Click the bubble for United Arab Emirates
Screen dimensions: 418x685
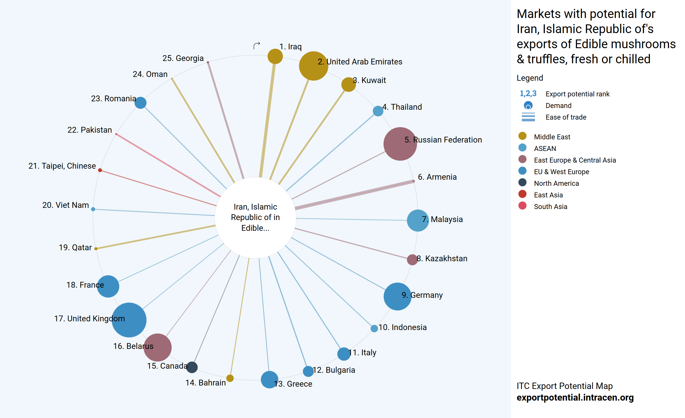point(313,66)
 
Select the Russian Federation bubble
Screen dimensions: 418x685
point(400,144)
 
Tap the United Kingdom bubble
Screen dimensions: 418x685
point(129,320)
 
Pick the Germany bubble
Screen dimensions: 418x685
point(397,296)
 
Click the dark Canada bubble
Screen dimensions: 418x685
point(192,367)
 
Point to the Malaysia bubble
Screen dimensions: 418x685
point(418,220)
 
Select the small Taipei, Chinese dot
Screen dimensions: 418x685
point(100,170)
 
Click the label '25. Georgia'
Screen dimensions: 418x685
point(183,58)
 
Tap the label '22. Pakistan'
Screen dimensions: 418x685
point(89,130)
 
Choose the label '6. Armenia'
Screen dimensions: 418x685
point(437,177)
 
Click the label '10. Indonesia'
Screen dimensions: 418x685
point(402,327)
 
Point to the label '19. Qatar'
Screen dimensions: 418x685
point(75,247)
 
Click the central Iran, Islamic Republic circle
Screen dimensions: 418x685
point(255,217)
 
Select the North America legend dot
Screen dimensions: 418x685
point(522,182)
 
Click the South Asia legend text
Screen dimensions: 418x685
point(550,206)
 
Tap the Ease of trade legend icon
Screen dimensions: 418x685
point(528,117)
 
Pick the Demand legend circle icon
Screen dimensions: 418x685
point(528,105)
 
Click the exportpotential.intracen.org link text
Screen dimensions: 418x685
point(575,397)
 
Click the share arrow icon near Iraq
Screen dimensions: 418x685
point(257,46)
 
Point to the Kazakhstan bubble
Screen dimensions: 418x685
point(412,260)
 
